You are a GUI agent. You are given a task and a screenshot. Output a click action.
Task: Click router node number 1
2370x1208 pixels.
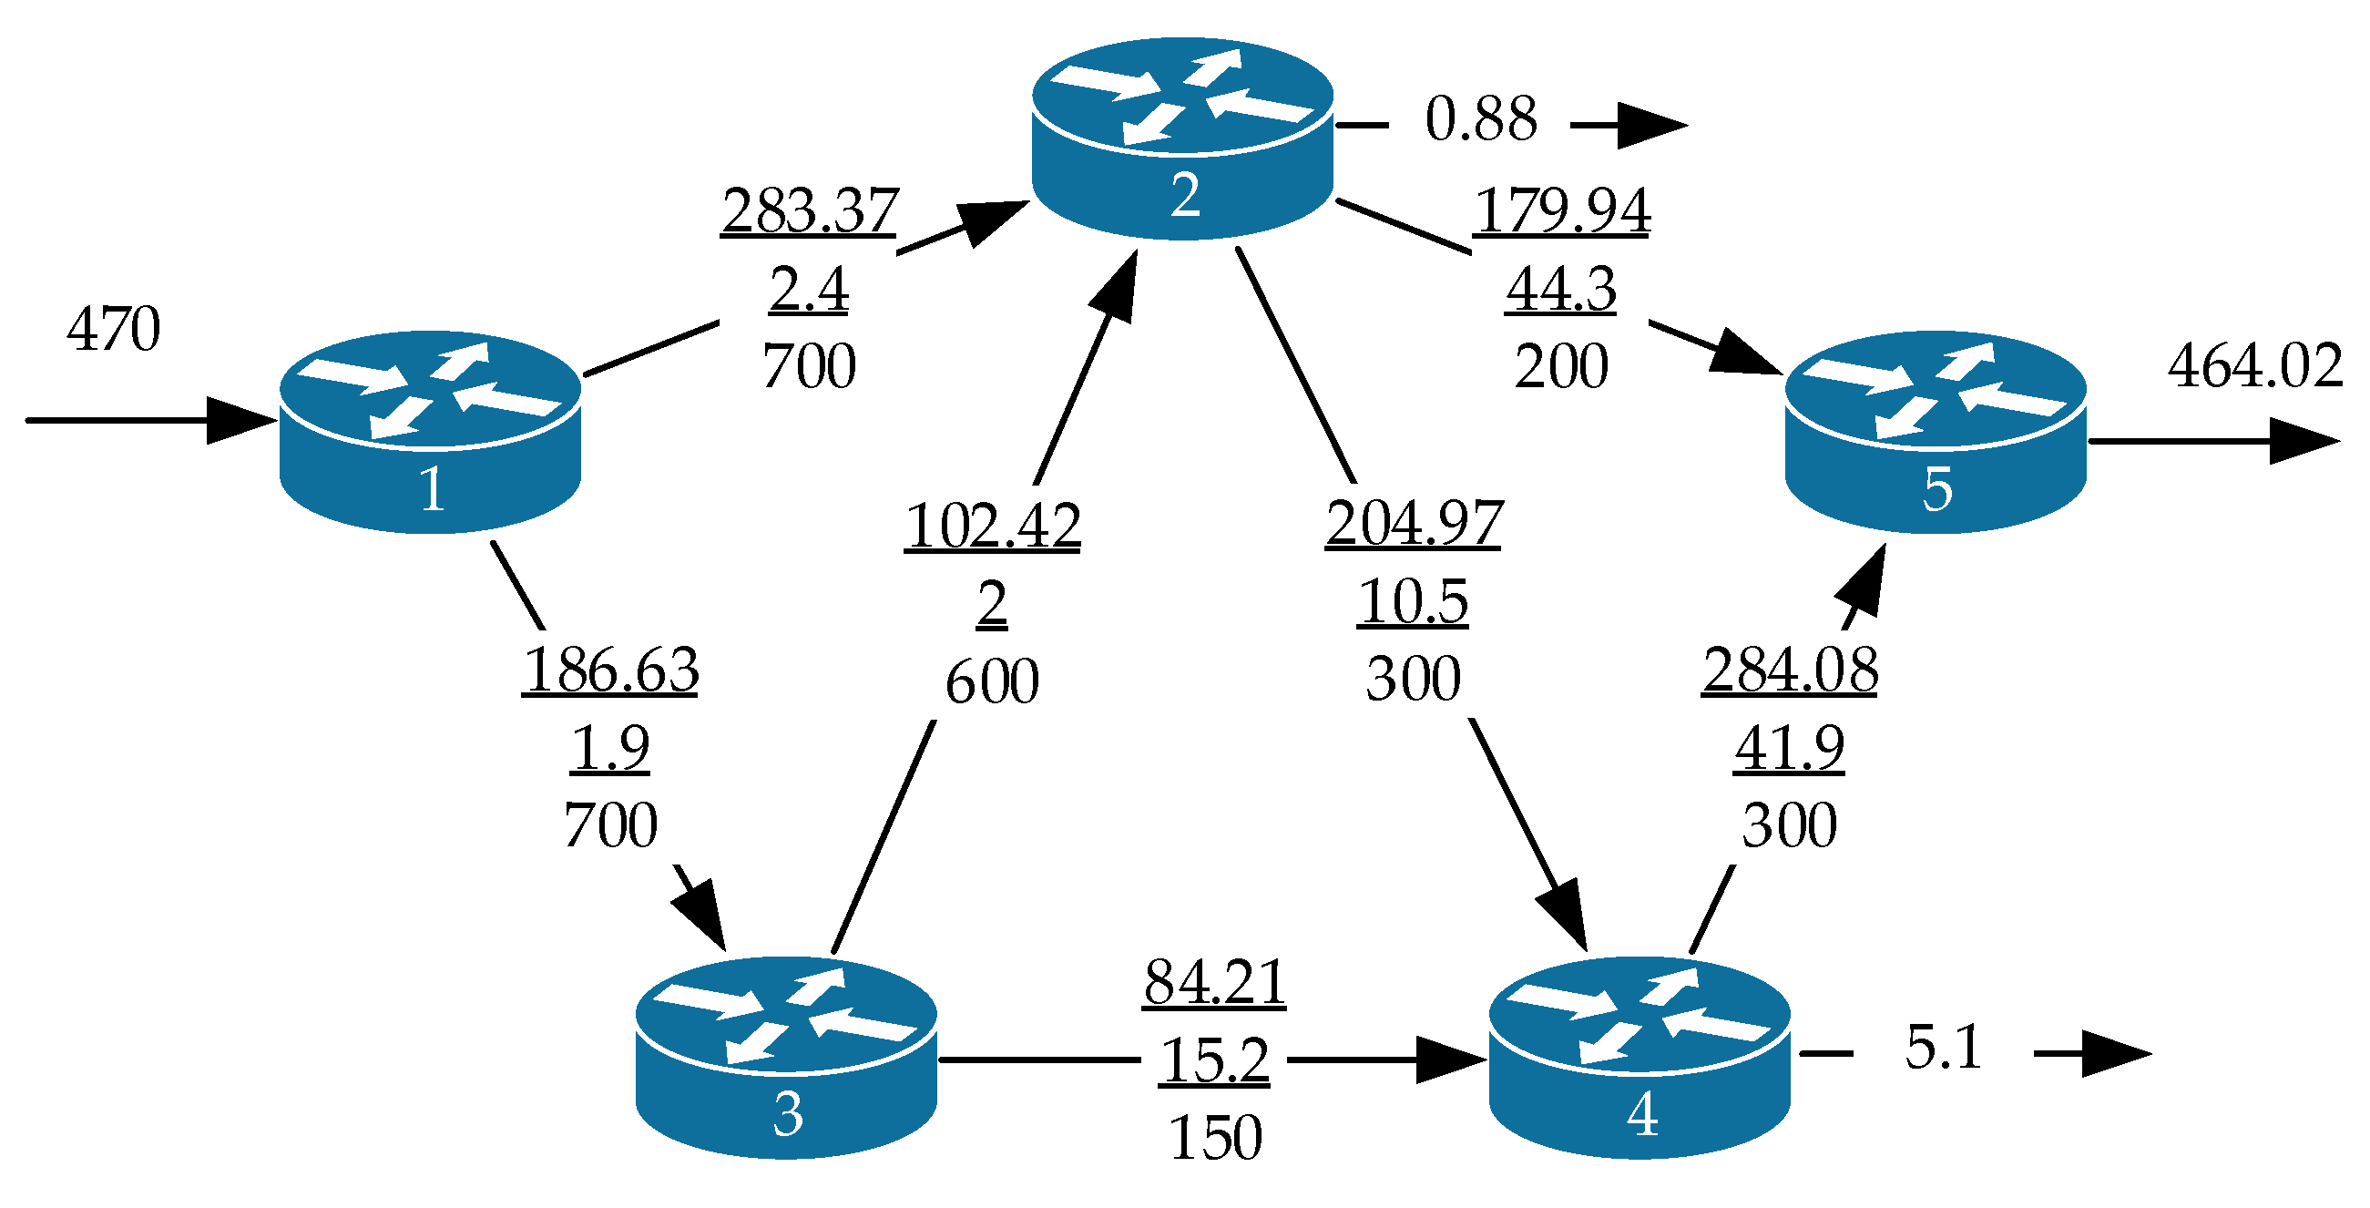(430, 432)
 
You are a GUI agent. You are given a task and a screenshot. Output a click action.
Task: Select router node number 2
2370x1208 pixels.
(1182, 138)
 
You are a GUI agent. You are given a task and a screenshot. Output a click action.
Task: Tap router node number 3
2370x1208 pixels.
(786, 1057)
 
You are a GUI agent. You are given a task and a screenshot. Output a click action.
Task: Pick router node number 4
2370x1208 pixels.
(1640, 1057)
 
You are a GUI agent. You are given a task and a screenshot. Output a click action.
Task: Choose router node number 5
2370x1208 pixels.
(1935, 432)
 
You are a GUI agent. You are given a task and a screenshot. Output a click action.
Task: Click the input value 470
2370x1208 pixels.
(113, 329)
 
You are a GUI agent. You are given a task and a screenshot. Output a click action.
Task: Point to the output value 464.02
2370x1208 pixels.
(2254, 365)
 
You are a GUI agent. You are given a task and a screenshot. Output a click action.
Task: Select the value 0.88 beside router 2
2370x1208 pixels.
(1480, 119)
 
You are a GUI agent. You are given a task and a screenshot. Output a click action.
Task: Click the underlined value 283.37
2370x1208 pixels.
(809, 210)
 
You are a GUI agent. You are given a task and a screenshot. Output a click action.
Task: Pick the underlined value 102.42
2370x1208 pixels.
(992, 527)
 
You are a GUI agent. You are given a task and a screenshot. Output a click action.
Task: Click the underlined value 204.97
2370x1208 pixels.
(1414, 524)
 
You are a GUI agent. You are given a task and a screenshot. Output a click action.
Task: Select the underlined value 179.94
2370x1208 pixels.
(1561, 210)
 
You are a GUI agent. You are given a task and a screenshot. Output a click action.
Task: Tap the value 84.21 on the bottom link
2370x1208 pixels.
(1214, 982)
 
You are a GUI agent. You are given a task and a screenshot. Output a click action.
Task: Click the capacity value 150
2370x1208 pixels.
(1214, 1138)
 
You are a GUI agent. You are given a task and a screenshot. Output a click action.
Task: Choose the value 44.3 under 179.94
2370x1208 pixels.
(1560, 289)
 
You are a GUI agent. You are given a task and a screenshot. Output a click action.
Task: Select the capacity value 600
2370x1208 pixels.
(992, 681)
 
